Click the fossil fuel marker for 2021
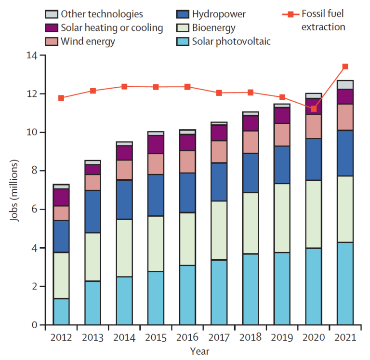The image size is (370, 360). pos(345,67)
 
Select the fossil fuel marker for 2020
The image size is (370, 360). pos(314,109)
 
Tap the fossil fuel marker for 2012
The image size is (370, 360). pos(61,98)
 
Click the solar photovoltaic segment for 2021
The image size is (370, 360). pos(345,283)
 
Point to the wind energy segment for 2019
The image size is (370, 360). pos(282,134)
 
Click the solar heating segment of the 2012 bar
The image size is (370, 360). pos(61,197)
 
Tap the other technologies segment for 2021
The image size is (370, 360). pos(345,84)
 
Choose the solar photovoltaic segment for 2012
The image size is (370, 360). pos(61,312)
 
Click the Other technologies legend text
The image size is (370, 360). pos(102,14)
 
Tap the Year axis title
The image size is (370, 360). pos(199,351)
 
